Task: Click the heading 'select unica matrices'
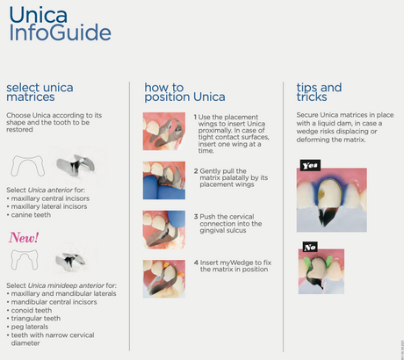(x=40, y=94)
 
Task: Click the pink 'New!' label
(x=25, y=238)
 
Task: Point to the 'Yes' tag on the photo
(x=310, y=164)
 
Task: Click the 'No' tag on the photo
(x=310, y=247)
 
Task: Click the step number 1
(x=195, y=117)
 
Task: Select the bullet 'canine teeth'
(x=35, y=214)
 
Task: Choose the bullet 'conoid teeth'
(x=36, y=309)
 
